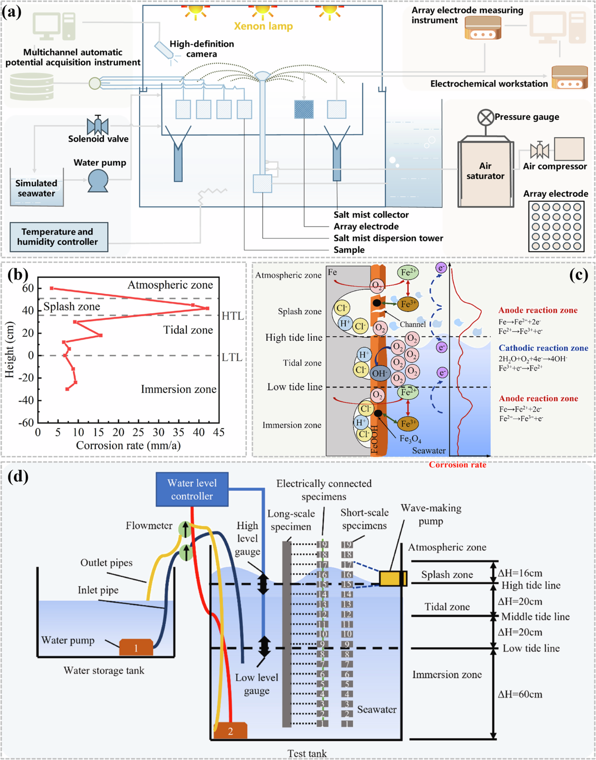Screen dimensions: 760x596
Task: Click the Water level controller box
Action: (192, 489)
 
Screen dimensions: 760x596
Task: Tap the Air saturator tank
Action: (485, 172)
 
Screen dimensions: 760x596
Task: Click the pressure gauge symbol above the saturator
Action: (485, 117)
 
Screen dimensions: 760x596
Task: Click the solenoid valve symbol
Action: (98, 126)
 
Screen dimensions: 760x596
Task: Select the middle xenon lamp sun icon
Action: (263, 10)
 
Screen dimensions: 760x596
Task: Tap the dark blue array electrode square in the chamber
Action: (303, 109)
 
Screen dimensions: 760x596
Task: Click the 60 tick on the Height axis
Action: (28, 288)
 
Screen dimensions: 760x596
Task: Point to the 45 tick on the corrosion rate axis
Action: (219, 432)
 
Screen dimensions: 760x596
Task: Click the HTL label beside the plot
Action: (232, 316)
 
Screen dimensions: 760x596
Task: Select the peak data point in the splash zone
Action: (207, 308)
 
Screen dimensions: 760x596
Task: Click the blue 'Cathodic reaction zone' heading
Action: (543, 348)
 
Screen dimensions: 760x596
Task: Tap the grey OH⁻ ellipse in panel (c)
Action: (379, 374)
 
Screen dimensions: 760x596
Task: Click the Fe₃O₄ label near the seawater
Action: (411, 439)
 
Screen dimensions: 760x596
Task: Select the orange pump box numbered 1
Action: (136, 647)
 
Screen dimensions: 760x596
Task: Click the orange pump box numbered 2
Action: (230, 731)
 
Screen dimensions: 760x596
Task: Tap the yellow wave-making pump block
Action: (393, 579)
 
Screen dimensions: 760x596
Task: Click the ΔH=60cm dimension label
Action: (520, 694)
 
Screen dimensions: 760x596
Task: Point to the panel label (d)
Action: (18, 476)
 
